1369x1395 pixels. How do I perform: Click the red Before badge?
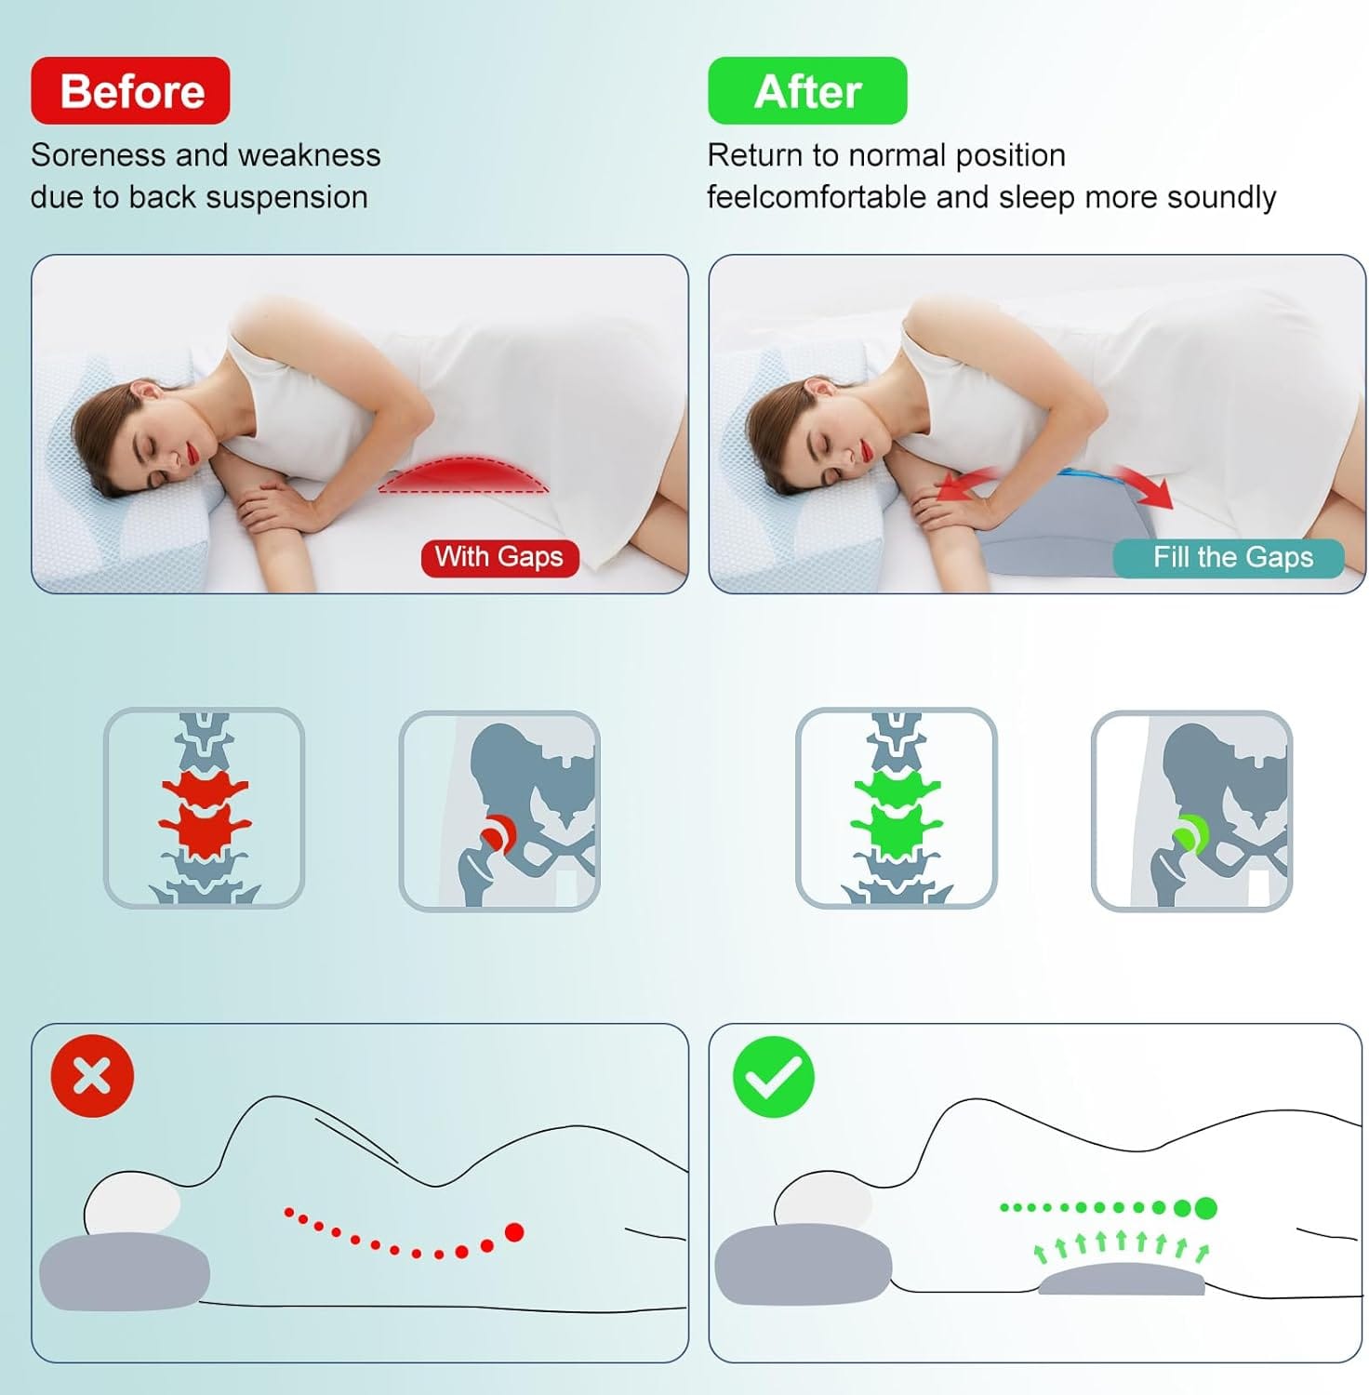coord(130,91)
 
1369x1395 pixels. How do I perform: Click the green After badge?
coord(807,91)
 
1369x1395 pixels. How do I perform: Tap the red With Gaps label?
coord(499,557)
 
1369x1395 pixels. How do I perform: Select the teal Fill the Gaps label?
coord(1229,558)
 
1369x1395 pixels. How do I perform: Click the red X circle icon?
coord(92,1076)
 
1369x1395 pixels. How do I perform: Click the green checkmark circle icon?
coord(774,1076)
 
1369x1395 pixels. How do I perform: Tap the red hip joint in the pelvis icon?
coord(499,831)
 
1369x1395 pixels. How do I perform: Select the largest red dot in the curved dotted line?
coord(513,1232)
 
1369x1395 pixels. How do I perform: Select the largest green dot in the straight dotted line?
coord(1205,1208)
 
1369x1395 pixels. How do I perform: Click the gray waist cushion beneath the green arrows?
coord(1121,1281)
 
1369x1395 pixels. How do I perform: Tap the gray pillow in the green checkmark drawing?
coord(803,1265)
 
